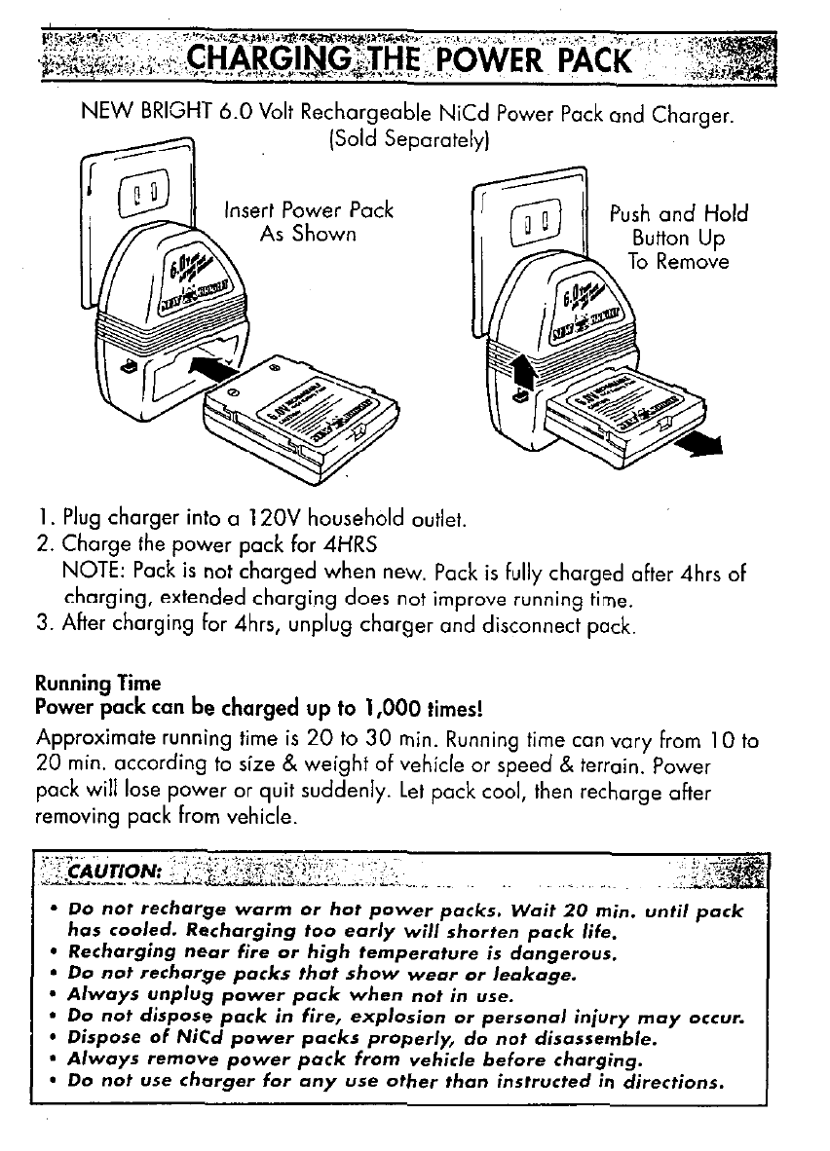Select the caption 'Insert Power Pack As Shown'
(308, 222)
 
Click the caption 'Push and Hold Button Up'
(679, 226)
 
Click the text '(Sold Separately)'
(408, 141)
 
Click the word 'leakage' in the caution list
(534, 973)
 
